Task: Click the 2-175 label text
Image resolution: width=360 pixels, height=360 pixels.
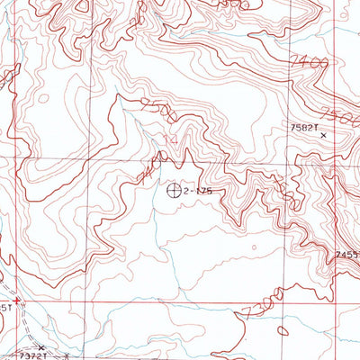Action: click(198, 192)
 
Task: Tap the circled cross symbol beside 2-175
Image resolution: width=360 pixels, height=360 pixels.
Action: click(175, 191)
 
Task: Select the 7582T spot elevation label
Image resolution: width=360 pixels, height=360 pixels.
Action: click(303, 129)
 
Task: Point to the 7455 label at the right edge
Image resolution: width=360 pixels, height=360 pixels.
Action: click(347, 256)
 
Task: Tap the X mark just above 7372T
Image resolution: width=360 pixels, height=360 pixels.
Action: click(40, 346)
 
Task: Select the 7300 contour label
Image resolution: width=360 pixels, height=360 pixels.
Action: click(265, 302)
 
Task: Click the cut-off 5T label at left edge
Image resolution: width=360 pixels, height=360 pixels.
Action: click(4, 309)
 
